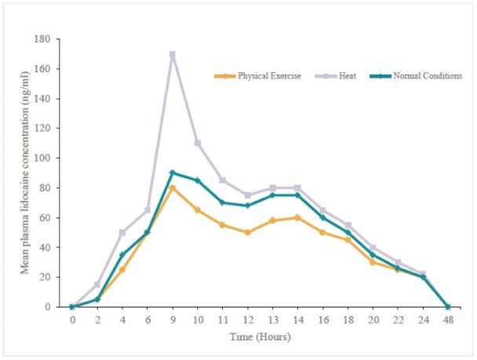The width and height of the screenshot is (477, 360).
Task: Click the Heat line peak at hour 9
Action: tap(172, 54)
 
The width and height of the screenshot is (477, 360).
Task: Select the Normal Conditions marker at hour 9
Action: tap(172, 173)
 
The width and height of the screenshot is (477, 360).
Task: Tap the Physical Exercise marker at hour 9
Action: tap(172, 187)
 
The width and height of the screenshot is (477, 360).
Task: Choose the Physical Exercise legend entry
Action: tap(258, 76)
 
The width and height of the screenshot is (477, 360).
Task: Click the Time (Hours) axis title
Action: tap(259, 336)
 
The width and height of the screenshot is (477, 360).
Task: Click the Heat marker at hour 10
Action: tap(197, 143)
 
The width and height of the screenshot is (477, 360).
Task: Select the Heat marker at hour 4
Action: tap(122, 232)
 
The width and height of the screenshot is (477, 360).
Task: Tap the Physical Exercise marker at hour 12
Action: tap(247, 232)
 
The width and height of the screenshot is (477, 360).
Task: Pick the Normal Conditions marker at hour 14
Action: tap(297, 195)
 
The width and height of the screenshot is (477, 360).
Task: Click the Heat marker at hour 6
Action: tap(147, 210)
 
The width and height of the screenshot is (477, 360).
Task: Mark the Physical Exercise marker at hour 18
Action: tap(347, 239)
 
